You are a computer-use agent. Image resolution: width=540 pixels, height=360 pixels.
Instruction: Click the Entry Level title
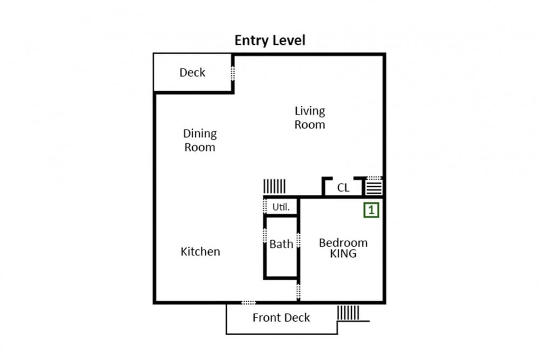point(270,40)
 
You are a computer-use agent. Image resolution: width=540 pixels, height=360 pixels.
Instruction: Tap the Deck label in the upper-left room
point(192,72)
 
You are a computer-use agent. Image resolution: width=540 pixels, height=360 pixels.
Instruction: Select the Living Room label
point(309,118)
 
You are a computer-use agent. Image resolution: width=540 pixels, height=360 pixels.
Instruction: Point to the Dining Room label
point(200,140)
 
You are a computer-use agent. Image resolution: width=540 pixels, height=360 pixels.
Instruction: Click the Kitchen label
point(200,252)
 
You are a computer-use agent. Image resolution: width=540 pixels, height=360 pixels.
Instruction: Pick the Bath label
point(281,244)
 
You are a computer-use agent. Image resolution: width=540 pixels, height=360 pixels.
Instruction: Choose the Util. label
point(281,207)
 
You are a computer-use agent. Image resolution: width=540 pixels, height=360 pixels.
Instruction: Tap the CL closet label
point(343,188)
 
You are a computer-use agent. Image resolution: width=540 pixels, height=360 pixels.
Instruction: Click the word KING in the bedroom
point(343,254)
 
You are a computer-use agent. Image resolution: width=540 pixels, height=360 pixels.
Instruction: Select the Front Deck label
point(281,317)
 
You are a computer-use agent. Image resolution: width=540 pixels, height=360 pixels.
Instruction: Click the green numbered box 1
point(372,210)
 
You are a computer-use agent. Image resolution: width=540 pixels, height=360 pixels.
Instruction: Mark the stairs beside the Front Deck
point(348,313)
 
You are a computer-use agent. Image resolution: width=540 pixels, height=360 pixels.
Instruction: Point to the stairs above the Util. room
point(274,186)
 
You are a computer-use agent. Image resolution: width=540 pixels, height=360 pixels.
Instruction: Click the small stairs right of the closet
point(374,188)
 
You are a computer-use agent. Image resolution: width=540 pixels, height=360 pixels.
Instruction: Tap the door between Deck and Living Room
point(233,73)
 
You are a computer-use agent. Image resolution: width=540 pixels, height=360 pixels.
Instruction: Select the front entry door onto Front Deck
point(248,303)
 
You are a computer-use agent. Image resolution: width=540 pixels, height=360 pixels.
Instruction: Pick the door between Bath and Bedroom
point(298,240)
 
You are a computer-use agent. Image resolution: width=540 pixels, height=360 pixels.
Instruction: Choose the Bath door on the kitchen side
point(265,235)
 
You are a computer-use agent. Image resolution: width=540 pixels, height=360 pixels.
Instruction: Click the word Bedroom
point(343,243)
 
